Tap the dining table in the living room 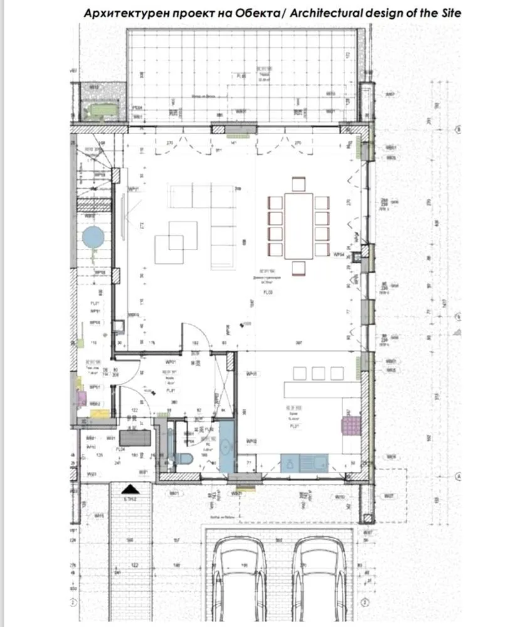coord(298,225)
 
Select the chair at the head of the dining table coord(298,184)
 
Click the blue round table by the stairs coord(93,238)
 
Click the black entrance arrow coord(130,489)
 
